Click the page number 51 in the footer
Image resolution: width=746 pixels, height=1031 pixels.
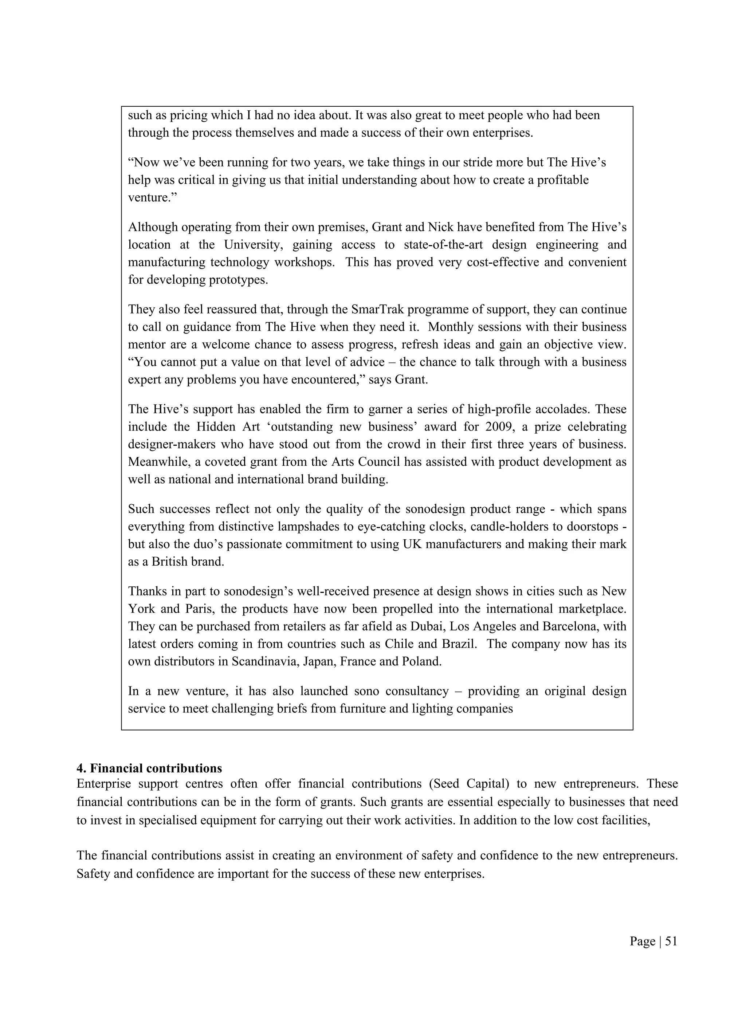tap(671, 941)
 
